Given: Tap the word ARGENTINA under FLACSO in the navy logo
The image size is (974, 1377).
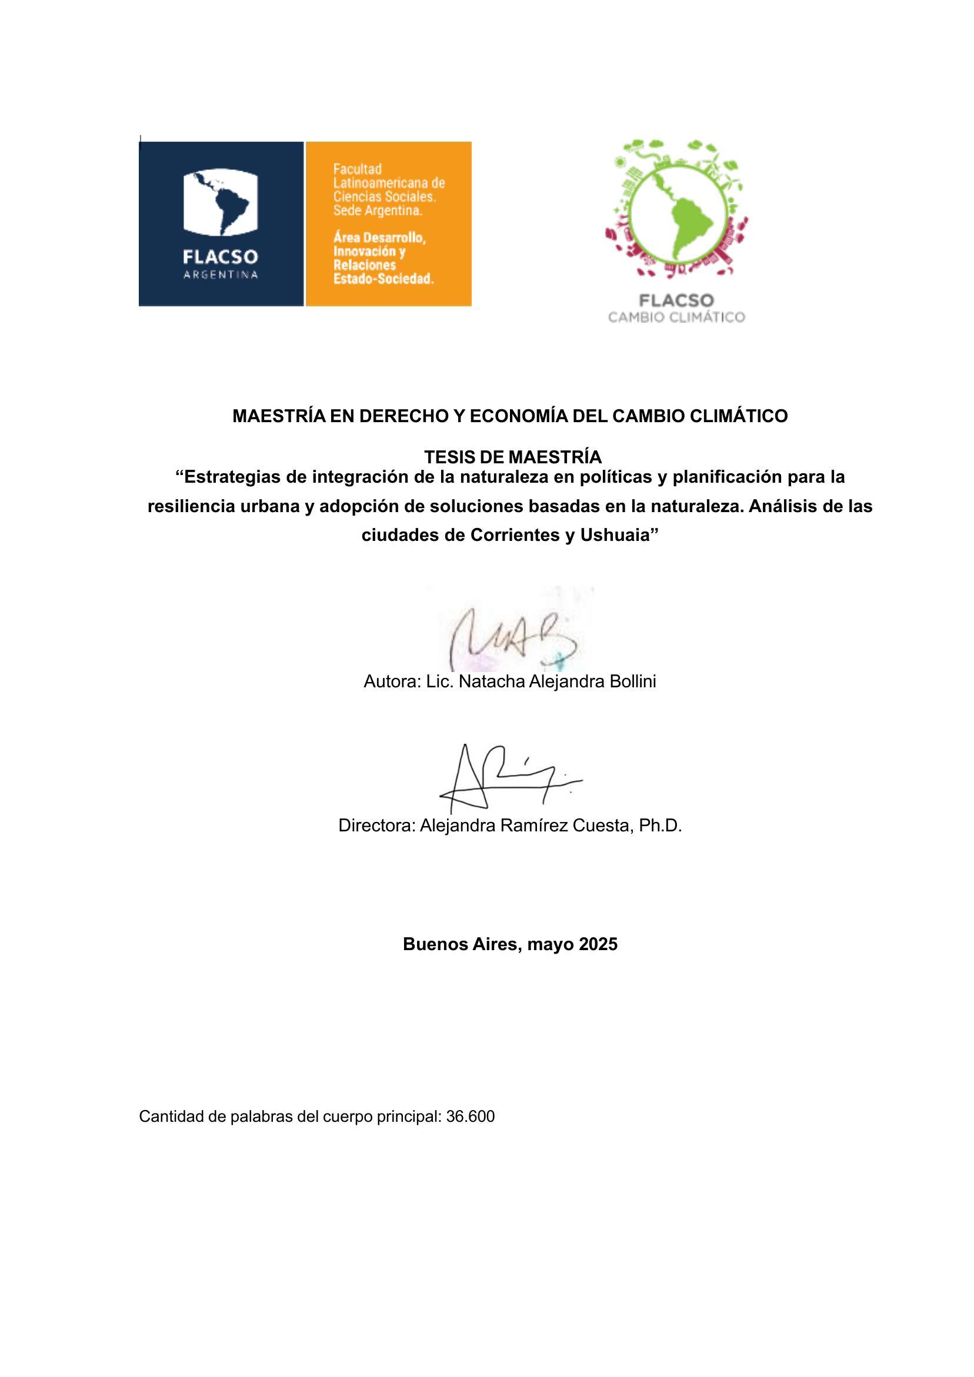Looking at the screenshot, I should (220, 275).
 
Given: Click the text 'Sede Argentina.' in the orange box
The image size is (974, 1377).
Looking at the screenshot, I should (378, 211).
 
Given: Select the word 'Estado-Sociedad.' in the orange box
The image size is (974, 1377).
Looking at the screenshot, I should (383, 279).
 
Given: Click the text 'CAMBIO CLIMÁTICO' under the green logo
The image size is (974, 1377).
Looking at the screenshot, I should (676, 317).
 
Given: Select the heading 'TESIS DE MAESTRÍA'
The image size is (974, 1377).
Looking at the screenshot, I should (512, 457).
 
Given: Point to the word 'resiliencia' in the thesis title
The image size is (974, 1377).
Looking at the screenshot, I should (189, 506).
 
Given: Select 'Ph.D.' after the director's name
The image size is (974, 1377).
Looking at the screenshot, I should (660, 825).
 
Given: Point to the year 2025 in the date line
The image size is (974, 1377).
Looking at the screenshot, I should (598, 944).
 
